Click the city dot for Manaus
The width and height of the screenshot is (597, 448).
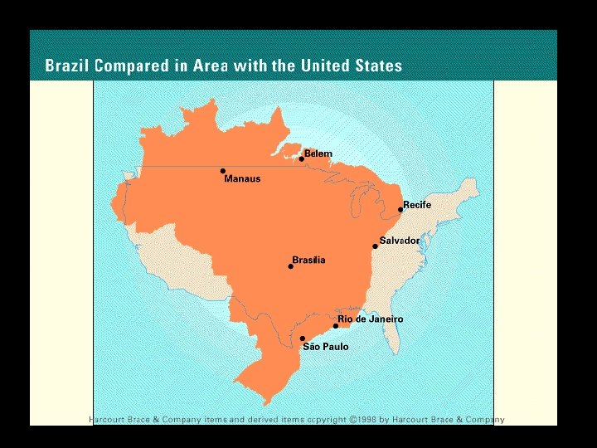[223, 172]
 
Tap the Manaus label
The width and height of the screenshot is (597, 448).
[242, 179]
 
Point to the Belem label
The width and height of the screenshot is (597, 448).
[318, 153]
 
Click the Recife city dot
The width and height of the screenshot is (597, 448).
[400, 210]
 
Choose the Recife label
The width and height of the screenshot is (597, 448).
[417, 204]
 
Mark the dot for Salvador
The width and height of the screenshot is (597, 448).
[375, 246]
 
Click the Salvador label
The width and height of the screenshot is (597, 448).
[400, 241]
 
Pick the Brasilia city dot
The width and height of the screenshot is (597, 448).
[291, 266]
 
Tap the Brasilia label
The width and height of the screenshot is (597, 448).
[308, 260]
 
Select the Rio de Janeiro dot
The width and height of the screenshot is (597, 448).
[336, 326]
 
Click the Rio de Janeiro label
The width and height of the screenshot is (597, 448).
[371, 319]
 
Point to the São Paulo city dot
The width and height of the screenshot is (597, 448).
[303, 338]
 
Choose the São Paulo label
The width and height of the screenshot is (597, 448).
[326, 347]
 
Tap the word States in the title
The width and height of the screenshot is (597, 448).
[375, 66]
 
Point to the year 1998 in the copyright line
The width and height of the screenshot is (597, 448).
[365, 420]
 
